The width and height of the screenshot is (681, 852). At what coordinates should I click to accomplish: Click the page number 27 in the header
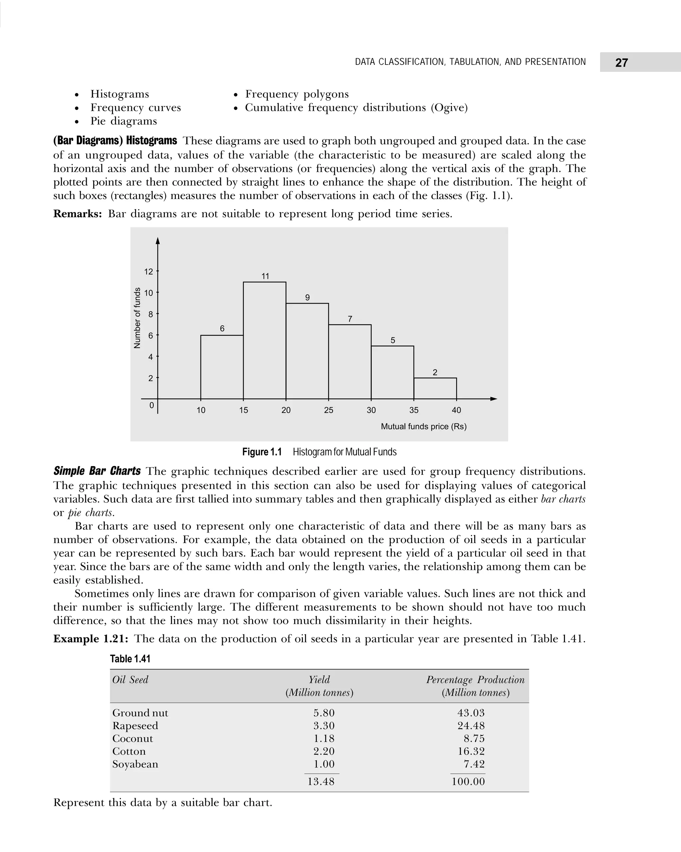(621, 63)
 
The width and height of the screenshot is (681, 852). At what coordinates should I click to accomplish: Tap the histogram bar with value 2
(435, 389)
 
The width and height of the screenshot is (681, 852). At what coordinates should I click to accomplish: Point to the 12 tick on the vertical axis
(149, 271)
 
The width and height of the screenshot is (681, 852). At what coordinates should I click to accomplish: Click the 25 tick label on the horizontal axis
(328, 410)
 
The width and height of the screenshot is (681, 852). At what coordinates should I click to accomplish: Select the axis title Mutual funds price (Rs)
(423, 426)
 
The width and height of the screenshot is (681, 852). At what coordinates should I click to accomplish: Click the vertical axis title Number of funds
(137, 318)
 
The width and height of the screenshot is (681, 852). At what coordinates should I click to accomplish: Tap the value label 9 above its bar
(307, 297)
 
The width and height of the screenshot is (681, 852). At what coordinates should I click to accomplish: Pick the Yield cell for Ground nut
(324, 713)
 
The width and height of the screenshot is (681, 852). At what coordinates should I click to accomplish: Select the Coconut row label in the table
(132, 738)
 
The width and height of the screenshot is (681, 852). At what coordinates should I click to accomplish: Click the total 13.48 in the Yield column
(321, 781)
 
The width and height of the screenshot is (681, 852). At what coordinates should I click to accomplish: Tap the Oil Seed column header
(130, 680)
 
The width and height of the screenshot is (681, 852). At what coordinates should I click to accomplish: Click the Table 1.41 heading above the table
(130, 659)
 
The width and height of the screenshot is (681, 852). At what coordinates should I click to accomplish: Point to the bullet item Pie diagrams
(123, 121)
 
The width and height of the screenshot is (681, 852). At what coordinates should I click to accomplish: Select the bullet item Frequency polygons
(297, 94)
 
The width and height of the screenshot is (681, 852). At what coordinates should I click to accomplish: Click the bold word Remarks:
(78, 214)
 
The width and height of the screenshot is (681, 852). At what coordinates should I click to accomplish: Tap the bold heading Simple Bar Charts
(97, 471)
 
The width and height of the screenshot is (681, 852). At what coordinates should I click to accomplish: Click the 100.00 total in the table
(468, 781)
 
